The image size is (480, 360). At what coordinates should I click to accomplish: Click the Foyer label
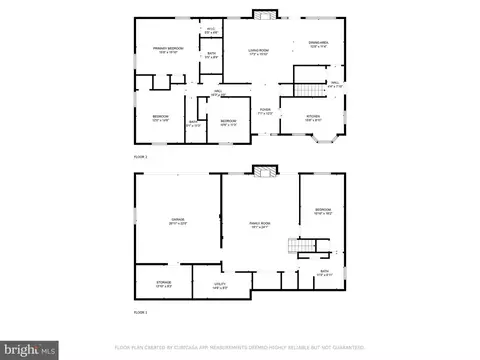(x=265, y=111)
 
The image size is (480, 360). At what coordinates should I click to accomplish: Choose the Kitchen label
(x=312, y=118)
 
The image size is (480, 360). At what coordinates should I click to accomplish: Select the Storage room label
(x=163, y=285)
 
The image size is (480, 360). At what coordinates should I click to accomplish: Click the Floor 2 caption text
(x=141, y=158)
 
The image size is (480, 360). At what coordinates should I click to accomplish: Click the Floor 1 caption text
(x=141, y=312)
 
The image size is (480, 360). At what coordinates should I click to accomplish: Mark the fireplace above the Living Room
(x=264, y=14)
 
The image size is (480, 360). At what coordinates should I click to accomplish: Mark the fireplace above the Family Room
(x=264, y=172)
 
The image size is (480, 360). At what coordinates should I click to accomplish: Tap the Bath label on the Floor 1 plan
(x=324, y=271)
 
